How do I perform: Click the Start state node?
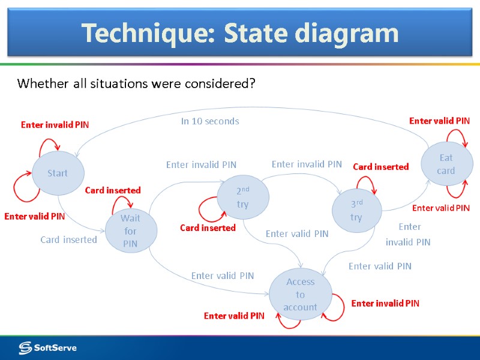58,173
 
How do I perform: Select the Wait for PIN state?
130,231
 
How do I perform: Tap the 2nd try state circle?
242,197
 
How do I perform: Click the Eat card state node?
446,164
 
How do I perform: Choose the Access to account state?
300,295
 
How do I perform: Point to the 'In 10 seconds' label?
210,121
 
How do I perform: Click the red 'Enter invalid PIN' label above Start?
55,125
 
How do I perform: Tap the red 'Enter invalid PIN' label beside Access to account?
385,304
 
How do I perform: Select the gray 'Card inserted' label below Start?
68,240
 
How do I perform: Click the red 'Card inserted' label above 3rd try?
380,167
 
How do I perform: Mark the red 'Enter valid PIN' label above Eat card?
439,121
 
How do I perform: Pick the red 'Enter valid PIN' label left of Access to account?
234,316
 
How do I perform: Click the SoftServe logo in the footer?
48,347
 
